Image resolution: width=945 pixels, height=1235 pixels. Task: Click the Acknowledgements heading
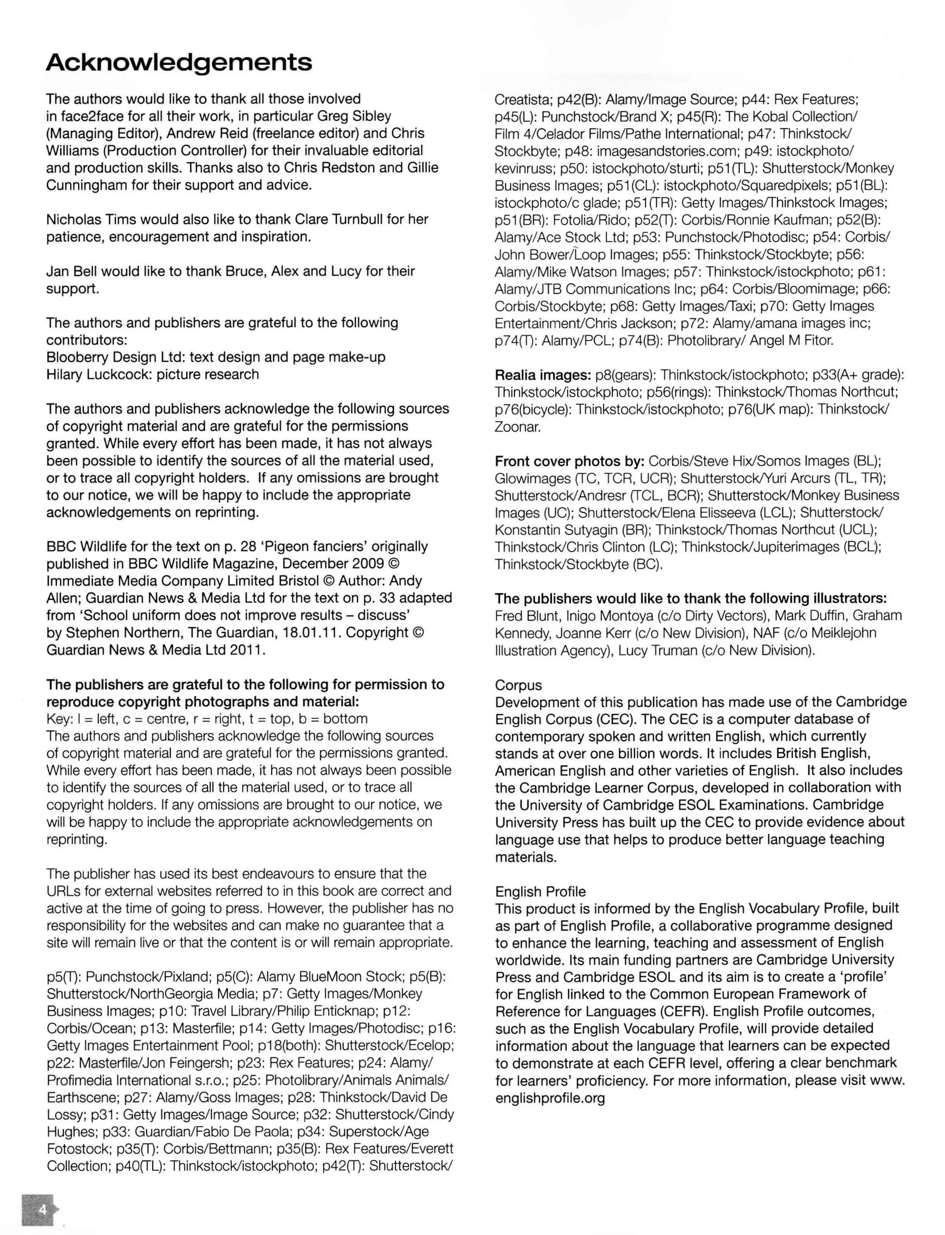(x=179, y=62)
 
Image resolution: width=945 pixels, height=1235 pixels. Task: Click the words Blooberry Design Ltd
(x=115, y=357)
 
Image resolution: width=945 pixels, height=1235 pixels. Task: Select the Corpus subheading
(x=518, y=685)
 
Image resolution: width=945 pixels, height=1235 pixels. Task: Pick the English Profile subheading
(x=540, y=891)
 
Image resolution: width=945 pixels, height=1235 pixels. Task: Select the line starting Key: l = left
(x=207, y=719)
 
